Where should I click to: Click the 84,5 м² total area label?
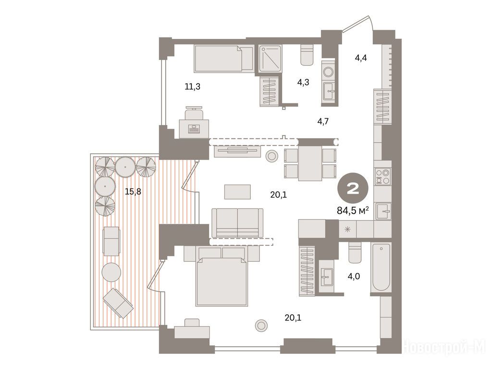352,210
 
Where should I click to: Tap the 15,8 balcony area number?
133,191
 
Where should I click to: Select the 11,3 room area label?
192,86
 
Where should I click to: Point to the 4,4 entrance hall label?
361,58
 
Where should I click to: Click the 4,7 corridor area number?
323,121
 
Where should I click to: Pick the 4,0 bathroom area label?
354,276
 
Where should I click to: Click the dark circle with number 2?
353,189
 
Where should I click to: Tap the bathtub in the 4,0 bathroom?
381,268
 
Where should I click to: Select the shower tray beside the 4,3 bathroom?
270,59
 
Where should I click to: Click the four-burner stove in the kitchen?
383,176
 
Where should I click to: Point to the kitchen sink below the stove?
383,211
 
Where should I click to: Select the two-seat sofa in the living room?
237,223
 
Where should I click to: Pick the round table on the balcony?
111,272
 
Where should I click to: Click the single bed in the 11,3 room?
224,58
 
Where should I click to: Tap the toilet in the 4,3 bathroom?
307,55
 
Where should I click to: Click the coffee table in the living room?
237,192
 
